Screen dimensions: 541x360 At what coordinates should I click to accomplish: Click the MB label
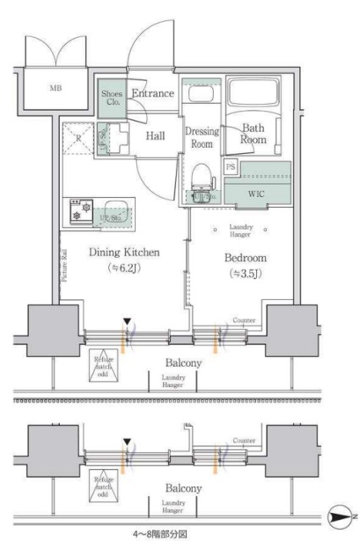click(54, 88)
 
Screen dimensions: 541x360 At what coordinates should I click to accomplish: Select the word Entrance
click(153, 93)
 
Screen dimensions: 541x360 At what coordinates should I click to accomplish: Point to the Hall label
click(155, 135)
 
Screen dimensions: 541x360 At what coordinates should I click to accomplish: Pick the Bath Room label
click(253, 134)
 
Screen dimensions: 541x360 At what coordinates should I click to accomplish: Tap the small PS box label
click(232, 167)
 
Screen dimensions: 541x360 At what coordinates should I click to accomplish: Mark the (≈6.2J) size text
click(125, 270)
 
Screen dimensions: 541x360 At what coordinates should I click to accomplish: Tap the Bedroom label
click(247, 257)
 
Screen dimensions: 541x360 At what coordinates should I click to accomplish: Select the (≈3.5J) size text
click(246, 274)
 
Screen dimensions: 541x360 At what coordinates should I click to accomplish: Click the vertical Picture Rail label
click(63, 264)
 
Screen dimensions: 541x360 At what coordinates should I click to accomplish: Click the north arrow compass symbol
click(337, 513)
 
